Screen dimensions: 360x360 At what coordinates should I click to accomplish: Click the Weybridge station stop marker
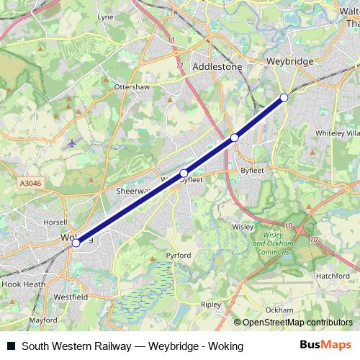284,97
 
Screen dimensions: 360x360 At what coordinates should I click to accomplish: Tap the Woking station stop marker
76,243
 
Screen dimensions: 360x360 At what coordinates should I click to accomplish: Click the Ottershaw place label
131,86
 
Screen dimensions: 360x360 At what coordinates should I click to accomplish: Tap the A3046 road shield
31,184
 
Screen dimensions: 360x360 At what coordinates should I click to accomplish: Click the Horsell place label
55,222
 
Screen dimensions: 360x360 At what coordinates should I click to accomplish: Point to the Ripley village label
211,305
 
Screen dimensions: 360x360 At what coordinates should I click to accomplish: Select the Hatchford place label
333,275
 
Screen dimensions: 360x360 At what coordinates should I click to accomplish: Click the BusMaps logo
326,345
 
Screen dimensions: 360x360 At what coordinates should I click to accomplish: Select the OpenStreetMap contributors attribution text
293,323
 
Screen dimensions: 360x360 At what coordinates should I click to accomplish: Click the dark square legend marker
12,346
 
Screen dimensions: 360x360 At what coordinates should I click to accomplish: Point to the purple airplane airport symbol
71,142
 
